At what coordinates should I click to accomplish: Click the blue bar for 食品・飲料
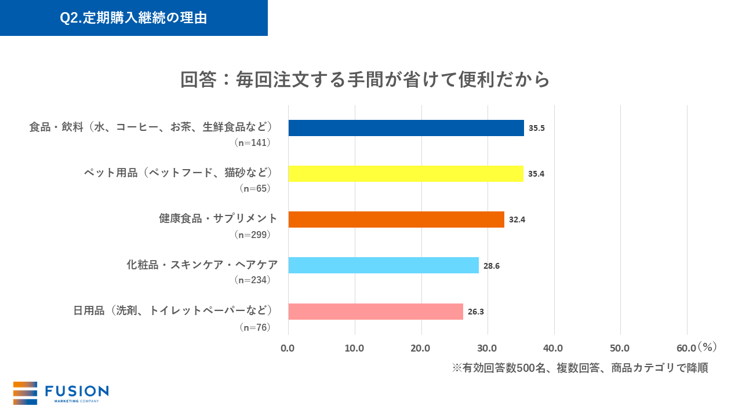(x=406, y=128)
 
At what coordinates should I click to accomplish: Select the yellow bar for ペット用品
(x=406, y=174)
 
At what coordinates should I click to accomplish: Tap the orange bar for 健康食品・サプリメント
(x=396, y=220)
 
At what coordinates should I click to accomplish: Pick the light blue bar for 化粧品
(x=383, y=265)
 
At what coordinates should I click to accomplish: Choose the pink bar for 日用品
(x=376, y=311)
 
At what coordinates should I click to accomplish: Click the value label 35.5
(x=536, y=128)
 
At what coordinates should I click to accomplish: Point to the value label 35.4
(x=536, y=174)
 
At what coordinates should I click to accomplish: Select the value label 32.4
(x=517, y=220)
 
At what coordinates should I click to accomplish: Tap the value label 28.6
(x=492, y=266)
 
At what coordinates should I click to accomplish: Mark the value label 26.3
(x=475, y=312)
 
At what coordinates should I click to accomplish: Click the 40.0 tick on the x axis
(x=554, y=348)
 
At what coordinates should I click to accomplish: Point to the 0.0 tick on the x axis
(x=288, y=348)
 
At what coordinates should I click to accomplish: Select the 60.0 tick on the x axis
(x=686, y=348)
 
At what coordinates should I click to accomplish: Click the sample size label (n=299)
(x=252, y=235)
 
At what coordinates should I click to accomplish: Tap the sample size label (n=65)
(x=255, y=188)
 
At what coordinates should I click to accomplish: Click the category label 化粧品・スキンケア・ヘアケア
(x=202, y=265)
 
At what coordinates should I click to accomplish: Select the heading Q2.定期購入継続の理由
(x=133, y=18)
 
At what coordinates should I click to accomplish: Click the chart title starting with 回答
(x=365, y=79)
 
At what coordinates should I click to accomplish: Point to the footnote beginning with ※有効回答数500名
(x=580, y=368)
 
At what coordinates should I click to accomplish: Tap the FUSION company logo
(x=61, y=393)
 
